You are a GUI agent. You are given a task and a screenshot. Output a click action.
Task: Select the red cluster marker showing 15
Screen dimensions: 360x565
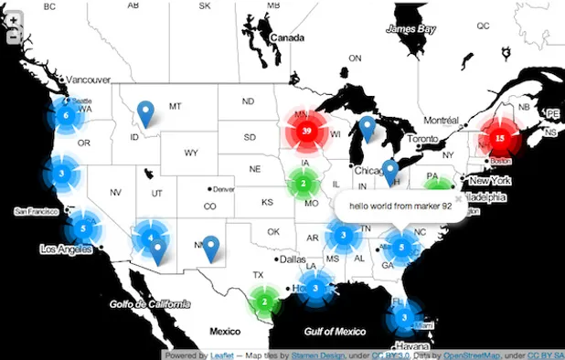coord(498,138)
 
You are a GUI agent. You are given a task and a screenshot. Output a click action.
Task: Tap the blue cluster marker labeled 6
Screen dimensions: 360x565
coord(65,116)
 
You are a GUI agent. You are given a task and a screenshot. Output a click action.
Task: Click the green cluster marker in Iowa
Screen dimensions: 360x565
coord(302,184)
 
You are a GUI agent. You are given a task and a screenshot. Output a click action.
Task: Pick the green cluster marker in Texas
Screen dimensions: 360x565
coord(264,300)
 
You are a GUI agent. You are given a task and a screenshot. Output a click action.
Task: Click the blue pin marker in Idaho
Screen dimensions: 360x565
coord(144,113)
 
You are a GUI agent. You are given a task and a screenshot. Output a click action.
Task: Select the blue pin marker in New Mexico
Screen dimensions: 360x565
coord(211,248)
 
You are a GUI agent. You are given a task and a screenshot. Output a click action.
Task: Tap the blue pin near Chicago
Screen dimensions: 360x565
coord(390,171)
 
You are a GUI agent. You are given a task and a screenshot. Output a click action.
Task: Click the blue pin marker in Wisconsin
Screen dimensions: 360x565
coord(367,128)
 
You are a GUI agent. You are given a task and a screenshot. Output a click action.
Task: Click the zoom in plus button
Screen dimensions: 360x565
coord(14,21)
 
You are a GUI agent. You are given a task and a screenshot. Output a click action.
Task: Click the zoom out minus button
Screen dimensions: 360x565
coord(14,38)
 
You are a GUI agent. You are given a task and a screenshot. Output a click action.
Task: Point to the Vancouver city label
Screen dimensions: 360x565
coord(89,80)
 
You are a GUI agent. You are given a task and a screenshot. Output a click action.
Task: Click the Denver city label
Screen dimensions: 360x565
coord(226,189)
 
